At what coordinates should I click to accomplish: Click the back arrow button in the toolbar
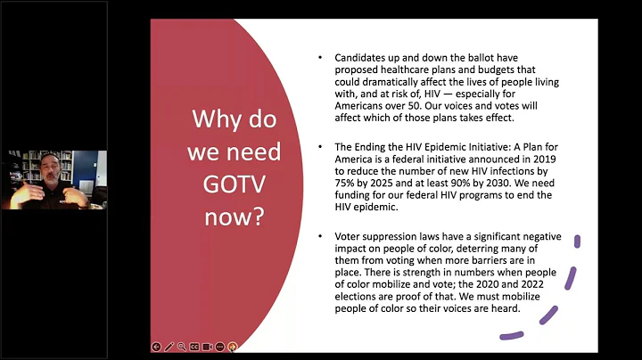[x=157, y=347]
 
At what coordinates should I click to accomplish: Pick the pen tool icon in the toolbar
[x=169, y=347]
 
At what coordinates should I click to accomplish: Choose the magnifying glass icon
[x=182, y=347]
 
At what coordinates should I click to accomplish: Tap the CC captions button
[x=194, y=347]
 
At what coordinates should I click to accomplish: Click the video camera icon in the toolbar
[x=207, y=347]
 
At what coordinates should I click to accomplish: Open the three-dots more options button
[x=220, y=347]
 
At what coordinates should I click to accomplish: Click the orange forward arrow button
[x=233, y=347]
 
